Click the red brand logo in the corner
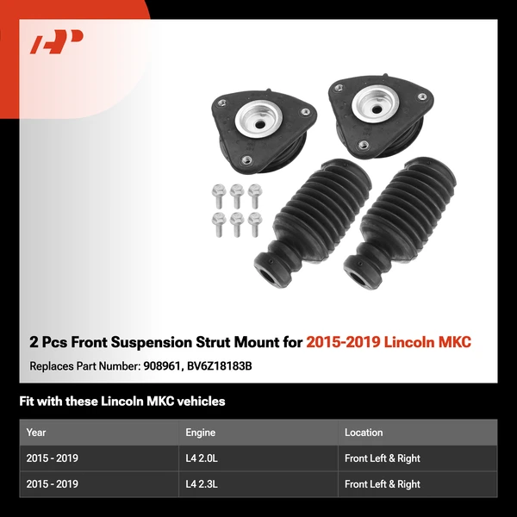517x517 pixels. (x=57, y=41)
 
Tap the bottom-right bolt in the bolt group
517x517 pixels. (x=254, y=222)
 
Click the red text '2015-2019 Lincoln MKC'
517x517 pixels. (x=389, y=342)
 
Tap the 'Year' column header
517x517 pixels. (x=36, y=433)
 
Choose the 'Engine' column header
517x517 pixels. (x=200, y=433)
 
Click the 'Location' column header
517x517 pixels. (x=364, y=433)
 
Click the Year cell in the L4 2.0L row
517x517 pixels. (x=53, y=458)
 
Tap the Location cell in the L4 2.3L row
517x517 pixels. (x=383, y=484)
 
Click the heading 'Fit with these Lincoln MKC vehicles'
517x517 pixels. (x=122, y=402)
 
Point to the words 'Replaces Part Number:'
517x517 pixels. (x=83, y=366)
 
